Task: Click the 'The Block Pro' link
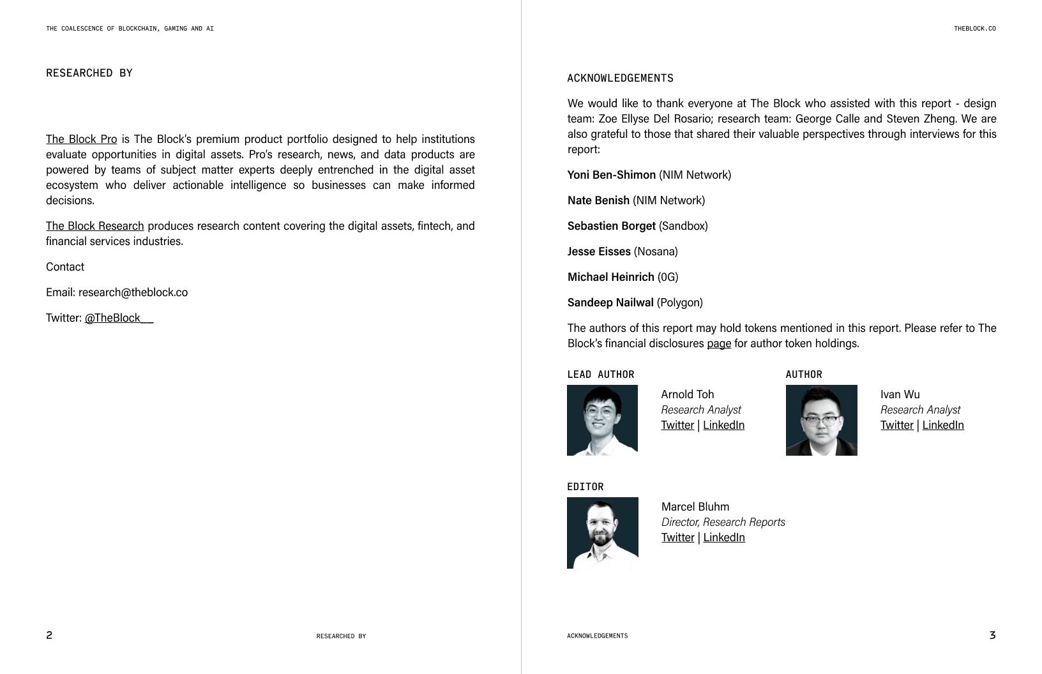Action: coord(81,139)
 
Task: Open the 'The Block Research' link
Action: coord(94,226)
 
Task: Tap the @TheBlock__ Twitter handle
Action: coord(119,318)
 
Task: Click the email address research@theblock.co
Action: coord(133,292)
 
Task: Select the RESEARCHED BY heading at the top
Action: coord(89,73)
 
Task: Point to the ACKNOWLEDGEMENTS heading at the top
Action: coord(620,78)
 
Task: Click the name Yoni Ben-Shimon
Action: coord(611,175)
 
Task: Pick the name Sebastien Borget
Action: coord(611,226)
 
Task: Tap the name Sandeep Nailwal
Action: coord(610,303)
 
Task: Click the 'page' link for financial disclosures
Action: coord(718,343)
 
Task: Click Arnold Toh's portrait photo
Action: coord(602,420)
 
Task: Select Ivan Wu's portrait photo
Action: coord(821,420)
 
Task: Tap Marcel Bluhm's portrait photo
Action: coord(602,532)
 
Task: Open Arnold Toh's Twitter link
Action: coord(677,425)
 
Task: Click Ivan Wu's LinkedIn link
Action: coord(942,425)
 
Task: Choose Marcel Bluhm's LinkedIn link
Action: coord(723,537)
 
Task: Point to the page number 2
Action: coord(49,635)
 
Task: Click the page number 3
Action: coord(992,635)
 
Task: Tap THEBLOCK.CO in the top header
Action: coord(974,29)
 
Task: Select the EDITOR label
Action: coord(585,486)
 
